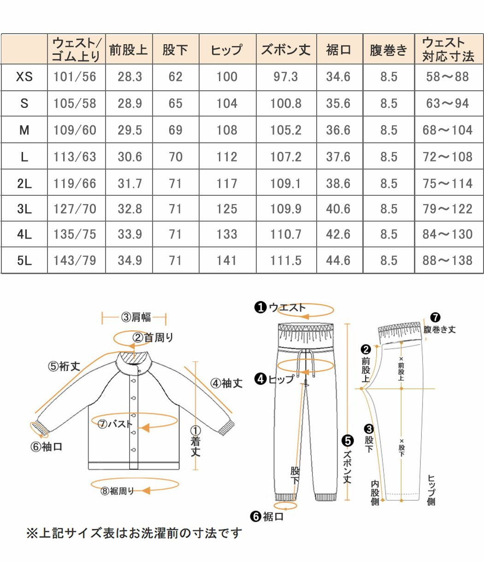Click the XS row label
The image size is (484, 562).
[24, 77]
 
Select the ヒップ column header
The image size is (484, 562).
[227, 50]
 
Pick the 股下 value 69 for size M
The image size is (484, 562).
[175, 130]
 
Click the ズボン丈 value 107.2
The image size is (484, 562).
[286, 157]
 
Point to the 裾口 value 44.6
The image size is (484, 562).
[338, 261]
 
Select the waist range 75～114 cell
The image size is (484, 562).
[448, 184]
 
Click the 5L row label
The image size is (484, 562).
[24, 261]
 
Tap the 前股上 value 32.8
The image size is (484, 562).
[130, 209]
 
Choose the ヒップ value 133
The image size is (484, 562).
[227, 234]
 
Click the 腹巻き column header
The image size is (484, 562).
[389, 50]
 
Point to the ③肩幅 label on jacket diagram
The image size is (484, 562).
[136, 317]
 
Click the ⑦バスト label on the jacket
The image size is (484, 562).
[115, 424]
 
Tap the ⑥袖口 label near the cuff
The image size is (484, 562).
[47, 446]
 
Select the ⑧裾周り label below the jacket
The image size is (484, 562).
[118, 491]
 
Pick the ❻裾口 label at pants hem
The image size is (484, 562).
[267, 517]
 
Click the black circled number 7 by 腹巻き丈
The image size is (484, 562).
[435, 317]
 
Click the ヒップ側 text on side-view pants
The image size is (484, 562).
[431, 490]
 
